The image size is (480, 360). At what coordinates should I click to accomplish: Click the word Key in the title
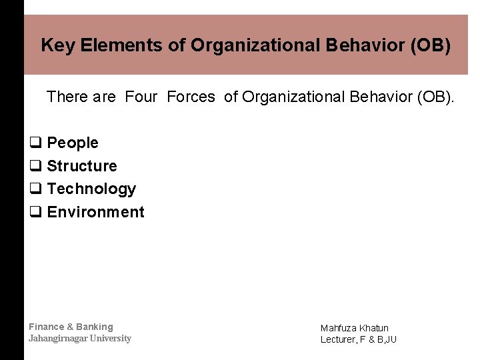(55, 45)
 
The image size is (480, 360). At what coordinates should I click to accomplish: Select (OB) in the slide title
(431, 45)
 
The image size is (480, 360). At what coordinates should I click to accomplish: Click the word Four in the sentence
(141, 97)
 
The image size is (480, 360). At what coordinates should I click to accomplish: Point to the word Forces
(191, 97)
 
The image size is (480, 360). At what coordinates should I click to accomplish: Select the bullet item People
(73, 143)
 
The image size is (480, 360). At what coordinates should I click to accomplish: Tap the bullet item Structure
(82, 166)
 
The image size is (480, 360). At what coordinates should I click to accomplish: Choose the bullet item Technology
(91, 189)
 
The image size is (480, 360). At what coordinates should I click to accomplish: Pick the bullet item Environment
(95, 212)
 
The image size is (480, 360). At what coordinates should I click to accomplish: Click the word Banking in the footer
(95, 327)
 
